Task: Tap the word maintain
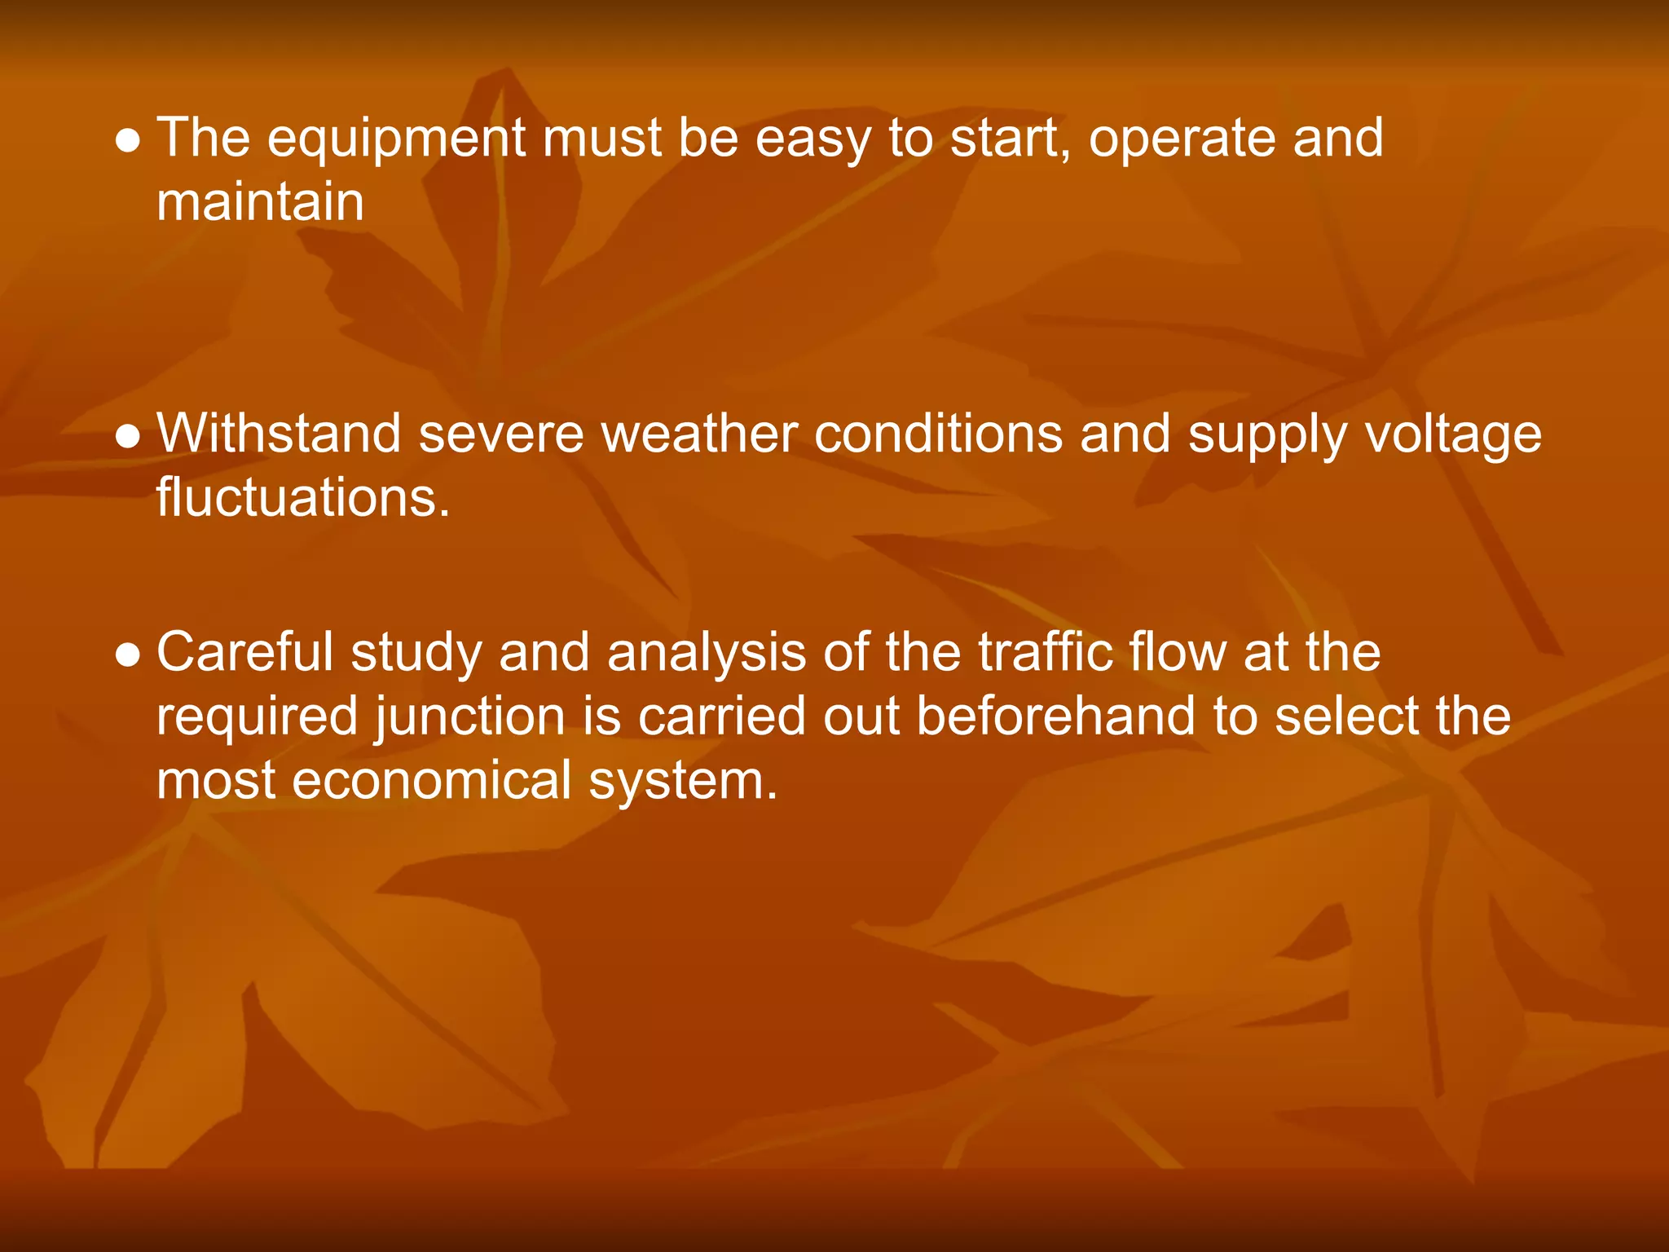click(260, 202)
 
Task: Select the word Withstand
click(278, 434)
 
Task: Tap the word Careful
click(244, 653)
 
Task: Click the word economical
click(432, 781)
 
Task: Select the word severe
click(500, 434)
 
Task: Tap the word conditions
click(938, 434)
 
